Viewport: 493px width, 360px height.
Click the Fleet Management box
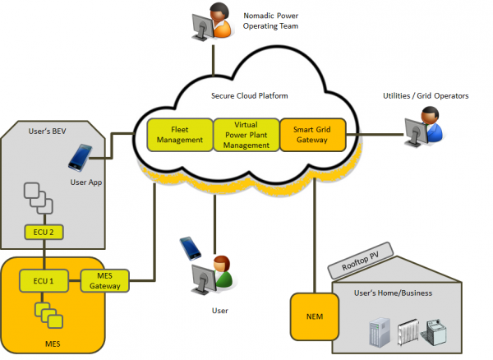pyautogui.click(x=179, y=135)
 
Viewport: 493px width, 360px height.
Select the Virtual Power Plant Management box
pyautogui.click(x=246, y=135)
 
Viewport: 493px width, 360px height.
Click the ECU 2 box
pyautogui.click(x=45, y=233)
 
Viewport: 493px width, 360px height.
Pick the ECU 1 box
pyautogui.click(x=45, y=281)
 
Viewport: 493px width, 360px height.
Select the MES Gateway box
pyautogui.click(x=105, y=281)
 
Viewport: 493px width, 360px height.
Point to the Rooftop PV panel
pyautogui.click(x=359, y=262)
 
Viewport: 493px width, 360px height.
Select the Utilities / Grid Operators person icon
pyautogui.click(x=424, y=128)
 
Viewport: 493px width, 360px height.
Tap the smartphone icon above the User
pyautogui.click(x=189, y=247)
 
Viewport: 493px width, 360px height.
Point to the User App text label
pyautogui.click(x=87, y=182)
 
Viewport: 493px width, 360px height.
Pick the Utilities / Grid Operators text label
pyautogui.click(x=426, y=97)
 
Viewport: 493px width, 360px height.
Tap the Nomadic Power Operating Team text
pyautogui.click(x=273, y=21)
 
